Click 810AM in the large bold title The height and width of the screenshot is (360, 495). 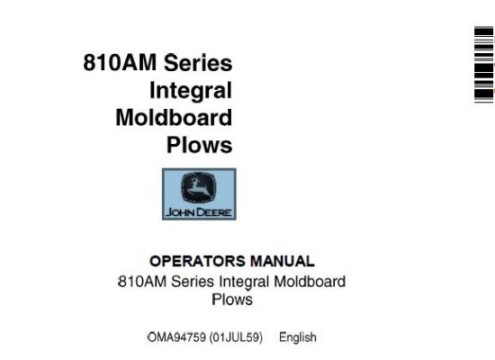[x=120, y=62]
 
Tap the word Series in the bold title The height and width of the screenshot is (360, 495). [x=198, y=62]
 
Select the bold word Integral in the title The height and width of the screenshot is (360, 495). [x=191, y=92]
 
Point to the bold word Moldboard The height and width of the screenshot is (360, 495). [x=174, y=118]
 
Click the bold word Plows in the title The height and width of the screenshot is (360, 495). [x=200, y=145]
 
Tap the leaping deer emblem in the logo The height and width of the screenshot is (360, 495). [x=199, y=187]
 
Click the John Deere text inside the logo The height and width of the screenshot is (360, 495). [x=199, y=212]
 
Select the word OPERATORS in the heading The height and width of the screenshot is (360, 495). [x=197, y=262]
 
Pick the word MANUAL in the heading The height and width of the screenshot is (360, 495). [x=283, y=262]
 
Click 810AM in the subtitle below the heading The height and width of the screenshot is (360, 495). [x=142, y=282]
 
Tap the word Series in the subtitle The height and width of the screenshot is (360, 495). [x=193, y=282]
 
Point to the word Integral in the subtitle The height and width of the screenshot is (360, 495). [x=244, y=283]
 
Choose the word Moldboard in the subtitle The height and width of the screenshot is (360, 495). [x=310, y=282]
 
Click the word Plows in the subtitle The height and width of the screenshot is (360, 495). [x=232, y=300]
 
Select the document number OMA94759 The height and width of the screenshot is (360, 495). [x=177, y=337]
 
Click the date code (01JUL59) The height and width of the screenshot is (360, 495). [x=236, y=337]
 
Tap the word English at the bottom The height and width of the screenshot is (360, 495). [x=298, y=337]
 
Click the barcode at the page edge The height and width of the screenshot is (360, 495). [x=484, y=65]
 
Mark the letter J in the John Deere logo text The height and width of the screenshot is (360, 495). [x=169, y=212]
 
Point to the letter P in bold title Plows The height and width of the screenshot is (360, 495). [x=173, y=145]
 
